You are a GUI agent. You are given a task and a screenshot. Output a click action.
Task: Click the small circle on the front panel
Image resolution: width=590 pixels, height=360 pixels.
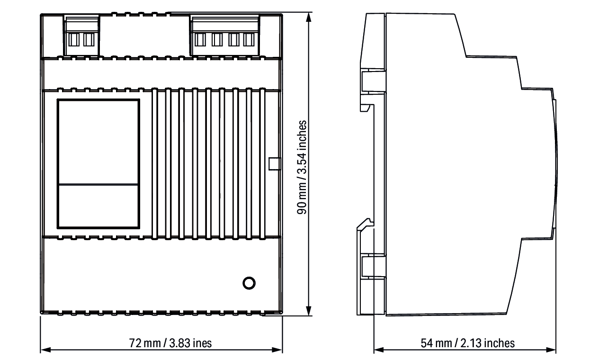pos(249,283)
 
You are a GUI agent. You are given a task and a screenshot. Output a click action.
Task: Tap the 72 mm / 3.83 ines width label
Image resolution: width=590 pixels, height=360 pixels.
pos(170,343)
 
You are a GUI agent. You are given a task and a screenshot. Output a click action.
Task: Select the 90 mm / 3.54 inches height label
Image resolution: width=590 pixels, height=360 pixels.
pos(302,167)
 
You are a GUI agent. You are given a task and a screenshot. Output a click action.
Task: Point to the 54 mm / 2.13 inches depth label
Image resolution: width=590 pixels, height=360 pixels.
pos(467,343)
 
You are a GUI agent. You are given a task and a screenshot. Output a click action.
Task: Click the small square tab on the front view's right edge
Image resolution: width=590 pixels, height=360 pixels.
pos(275,164)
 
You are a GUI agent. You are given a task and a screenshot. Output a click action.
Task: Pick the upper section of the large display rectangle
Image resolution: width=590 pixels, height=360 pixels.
pos(98,142)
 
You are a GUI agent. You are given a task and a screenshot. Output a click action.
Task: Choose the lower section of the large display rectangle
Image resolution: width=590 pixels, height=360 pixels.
pos(98,206)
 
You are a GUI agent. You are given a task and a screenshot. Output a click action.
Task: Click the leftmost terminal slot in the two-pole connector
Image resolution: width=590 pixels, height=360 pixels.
pos(74,40)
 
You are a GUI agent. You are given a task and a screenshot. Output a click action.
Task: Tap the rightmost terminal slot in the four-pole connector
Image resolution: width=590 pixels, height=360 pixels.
pos(249,40)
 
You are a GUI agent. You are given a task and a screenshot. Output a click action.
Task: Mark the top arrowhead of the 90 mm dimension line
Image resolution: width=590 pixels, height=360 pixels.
pos(309,17)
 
